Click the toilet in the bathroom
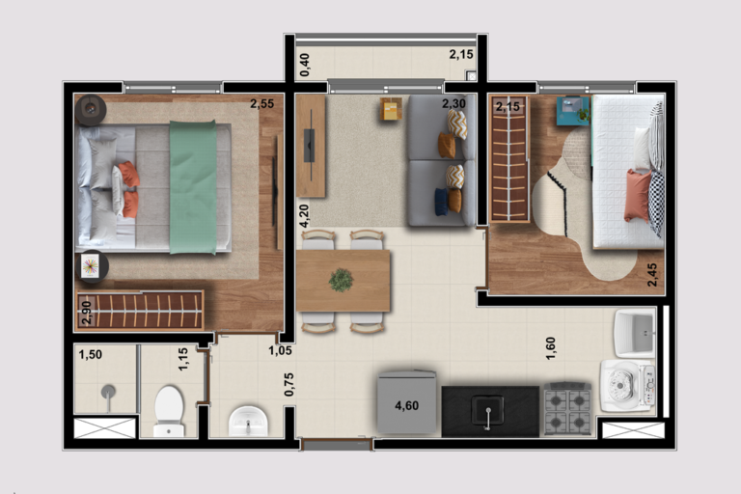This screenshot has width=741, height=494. (x=169, y=411)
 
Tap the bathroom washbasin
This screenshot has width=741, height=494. (x=248, y=421)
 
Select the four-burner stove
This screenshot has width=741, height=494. (x=567, y=408)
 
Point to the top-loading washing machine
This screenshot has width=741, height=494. (x=628, y=385)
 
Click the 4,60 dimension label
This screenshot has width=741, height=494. (x=406, y=405)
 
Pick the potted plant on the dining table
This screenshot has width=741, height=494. (x=341, y=280)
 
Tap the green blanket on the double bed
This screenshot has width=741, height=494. (x=193, y=187)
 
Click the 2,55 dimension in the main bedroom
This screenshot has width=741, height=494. (x=261, y=103)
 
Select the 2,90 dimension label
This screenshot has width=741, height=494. (x=87, y=313)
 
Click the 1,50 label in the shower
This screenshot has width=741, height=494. (x=91, y=354)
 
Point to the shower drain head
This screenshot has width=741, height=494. (x=108, y=392)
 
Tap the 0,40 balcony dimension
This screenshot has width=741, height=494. (x=305, y=65)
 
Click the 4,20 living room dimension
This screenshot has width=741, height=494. (x=304, y=215)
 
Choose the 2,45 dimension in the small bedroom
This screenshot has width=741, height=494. (x=651, y=275)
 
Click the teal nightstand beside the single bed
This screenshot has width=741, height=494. (x=573, y=111)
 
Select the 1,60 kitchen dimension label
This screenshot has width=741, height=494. (x=551, y=348)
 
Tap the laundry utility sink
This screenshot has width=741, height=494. (x=634, y=332)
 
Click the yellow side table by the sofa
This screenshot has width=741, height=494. (x=392, y=109)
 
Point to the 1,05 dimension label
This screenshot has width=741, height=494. (x=280, y=350)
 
